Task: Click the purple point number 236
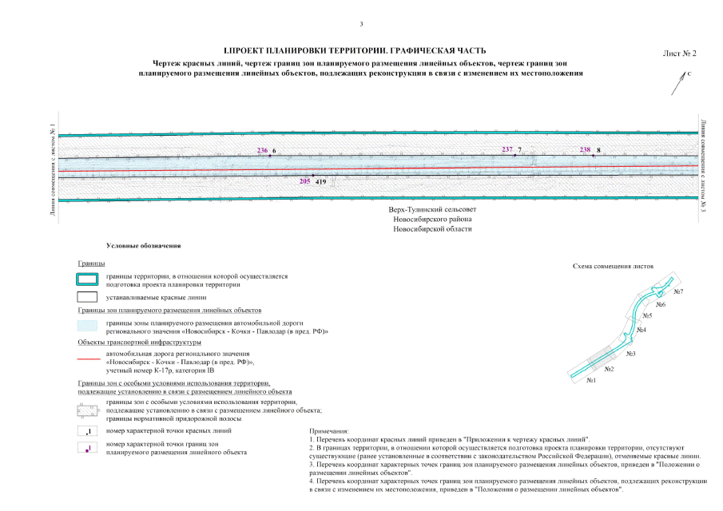click(263, 150)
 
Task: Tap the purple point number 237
click(507, 149)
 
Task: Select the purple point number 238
click(586, 149)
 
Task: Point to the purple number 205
click(304, 182)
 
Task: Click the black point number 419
click(321, 182)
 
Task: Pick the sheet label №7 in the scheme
click(678, 292)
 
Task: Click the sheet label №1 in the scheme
click(592, 380)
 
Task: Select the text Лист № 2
click(680, 53)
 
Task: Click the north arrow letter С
click(689, 73)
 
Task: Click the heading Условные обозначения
click(138, 246)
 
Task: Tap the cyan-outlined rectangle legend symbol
click(87, 279)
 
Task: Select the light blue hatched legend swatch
click(87, 326)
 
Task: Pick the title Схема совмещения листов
click(614, 265)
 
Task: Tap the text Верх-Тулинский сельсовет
click(432, 209)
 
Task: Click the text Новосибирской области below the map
click(432, 229)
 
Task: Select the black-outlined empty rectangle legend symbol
click(87, 298)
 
